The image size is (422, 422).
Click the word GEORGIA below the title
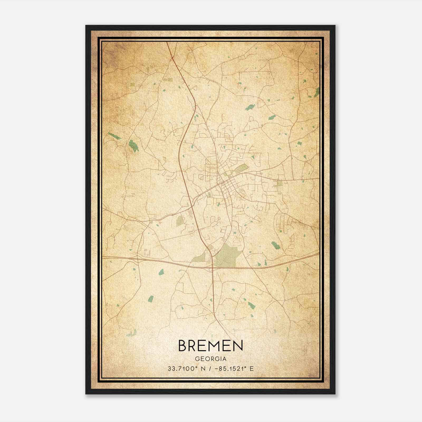click(x=210, y=359)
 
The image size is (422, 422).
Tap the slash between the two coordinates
click(x=210, y=369)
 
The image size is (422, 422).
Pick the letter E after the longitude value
click(x=252, y=369)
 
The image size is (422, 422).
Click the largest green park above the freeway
click(x=226, y=255)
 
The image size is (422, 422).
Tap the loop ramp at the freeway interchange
click(x=210, y=270)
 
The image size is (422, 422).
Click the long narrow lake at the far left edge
click(x=114, y=136)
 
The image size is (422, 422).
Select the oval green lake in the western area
click(x=133, y=146)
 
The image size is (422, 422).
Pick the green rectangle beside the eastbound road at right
click(x=279, y=183)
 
